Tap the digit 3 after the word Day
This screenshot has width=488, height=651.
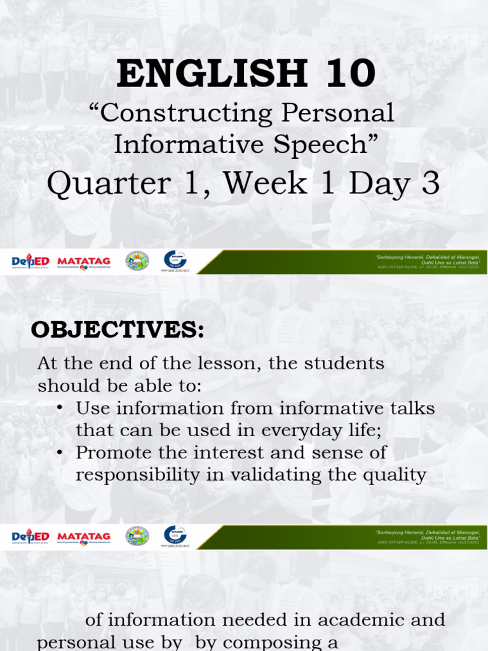tap(430, 184)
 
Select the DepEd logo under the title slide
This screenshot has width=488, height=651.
tap(31, 261)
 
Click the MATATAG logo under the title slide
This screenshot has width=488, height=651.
tap(83, 261)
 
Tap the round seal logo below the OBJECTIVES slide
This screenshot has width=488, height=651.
tap(137, 536)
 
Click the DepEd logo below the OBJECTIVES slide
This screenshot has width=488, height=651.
tap(31, 537)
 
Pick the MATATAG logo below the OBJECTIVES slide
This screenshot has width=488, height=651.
tap(83, 537)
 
